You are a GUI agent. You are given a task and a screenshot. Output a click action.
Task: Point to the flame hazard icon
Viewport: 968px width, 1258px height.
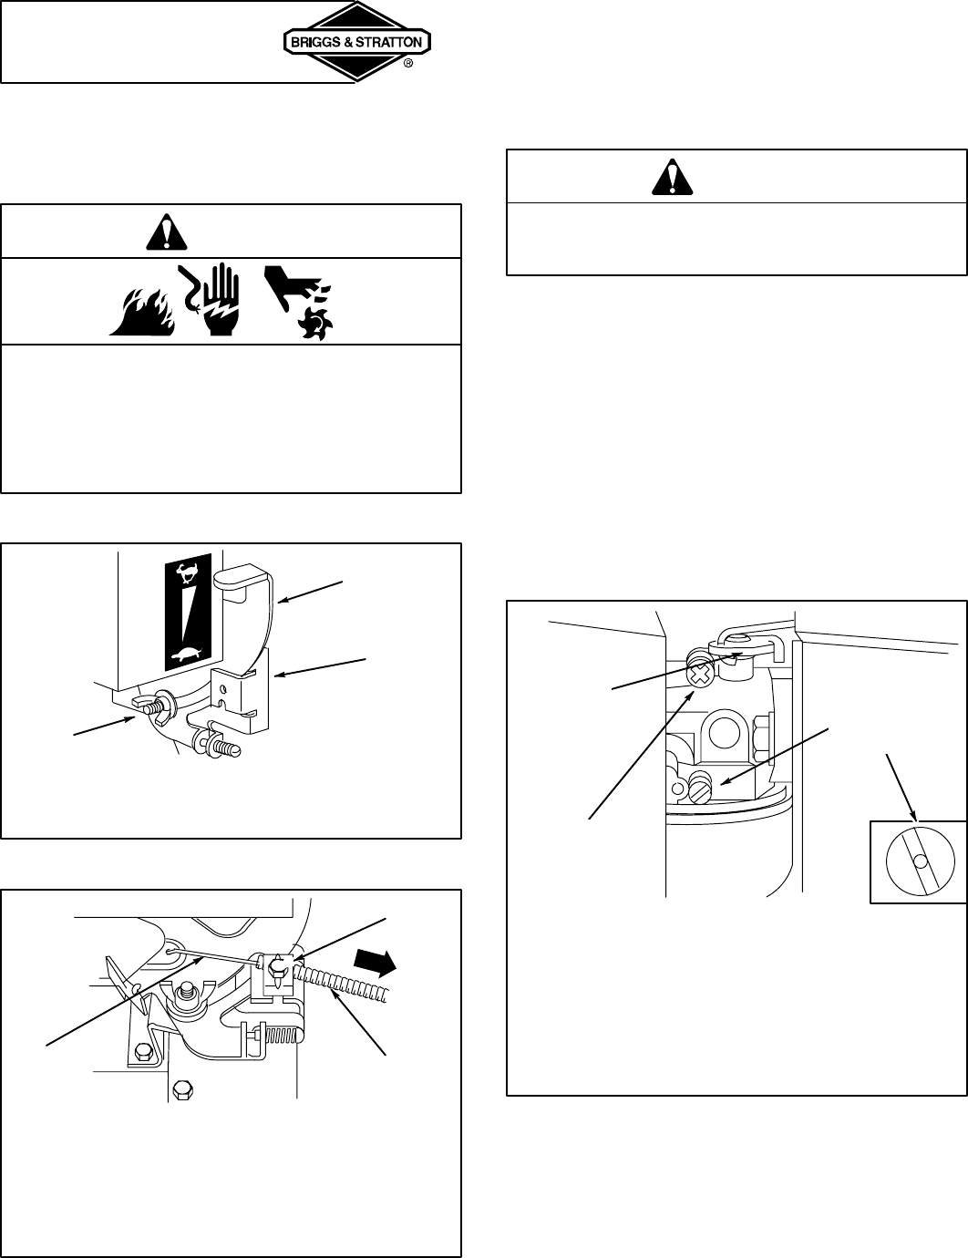138,313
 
